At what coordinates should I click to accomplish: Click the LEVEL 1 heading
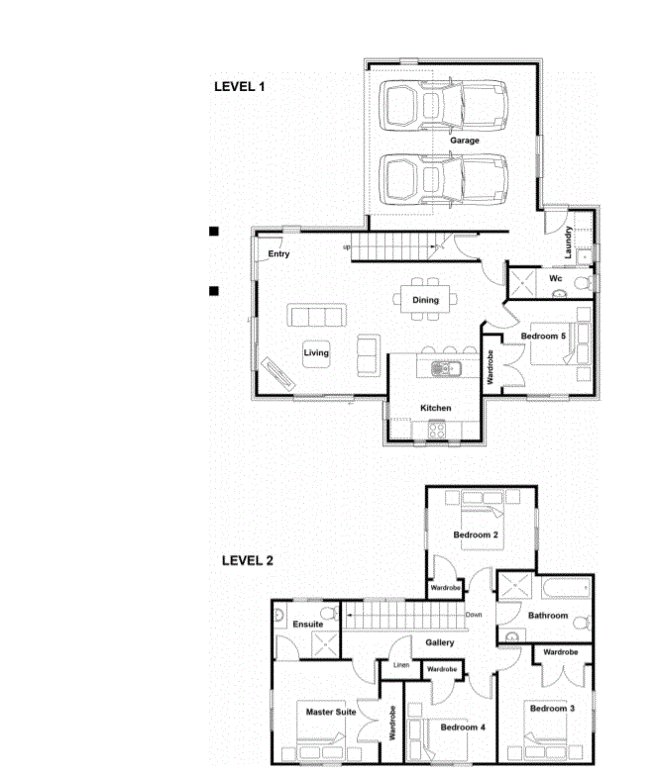(240, 87)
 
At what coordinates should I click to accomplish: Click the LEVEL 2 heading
(248, 560)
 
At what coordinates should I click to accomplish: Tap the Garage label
(464, 141)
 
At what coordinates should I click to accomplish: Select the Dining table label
(426, 300)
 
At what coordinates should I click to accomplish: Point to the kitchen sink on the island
(446, 368)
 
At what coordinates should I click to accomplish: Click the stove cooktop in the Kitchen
(436, 430)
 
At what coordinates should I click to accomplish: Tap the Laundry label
(568, 242)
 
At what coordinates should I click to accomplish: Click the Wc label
(555, 278)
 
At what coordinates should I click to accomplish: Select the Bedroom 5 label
(543, 337)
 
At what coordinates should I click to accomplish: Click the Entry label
(278, 253)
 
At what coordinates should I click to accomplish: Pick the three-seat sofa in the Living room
(317, 315)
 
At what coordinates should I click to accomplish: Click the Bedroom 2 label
(476, 534)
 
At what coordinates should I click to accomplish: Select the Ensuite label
(307, 624)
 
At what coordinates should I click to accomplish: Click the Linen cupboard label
(401, 665)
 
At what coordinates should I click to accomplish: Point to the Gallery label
(440, 642)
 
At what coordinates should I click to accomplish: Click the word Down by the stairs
(474, 615)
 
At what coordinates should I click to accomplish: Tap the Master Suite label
(331, 713)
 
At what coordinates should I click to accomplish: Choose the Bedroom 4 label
(463, 727)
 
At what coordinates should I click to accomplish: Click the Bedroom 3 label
(553, 709)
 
